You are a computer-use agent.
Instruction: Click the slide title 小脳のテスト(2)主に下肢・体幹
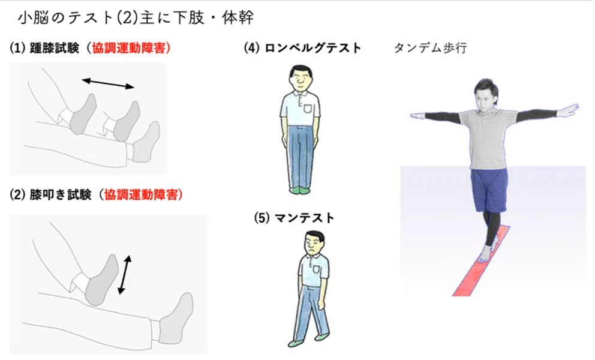[136, 18]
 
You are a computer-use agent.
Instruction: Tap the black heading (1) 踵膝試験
[45, 48]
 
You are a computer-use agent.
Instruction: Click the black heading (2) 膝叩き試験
[51, 194]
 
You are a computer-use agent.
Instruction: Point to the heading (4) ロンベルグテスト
[302, 48]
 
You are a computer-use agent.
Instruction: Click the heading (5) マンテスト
[294, 218]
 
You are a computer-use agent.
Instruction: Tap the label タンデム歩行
[430, 48]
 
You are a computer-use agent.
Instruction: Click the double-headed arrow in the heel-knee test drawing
[108, 83]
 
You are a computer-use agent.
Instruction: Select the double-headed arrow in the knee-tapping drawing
[125, 275]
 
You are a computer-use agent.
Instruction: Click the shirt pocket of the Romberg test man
[307, 109]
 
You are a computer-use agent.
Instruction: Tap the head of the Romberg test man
[300, 78]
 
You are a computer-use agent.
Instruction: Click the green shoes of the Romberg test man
[300, 190]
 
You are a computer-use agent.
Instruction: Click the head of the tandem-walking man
[486, 95]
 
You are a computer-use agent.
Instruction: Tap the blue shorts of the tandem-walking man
[489, 190]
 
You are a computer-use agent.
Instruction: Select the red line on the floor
[481, 261]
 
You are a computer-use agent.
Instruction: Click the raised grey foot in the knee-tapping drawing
[101, 280]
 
